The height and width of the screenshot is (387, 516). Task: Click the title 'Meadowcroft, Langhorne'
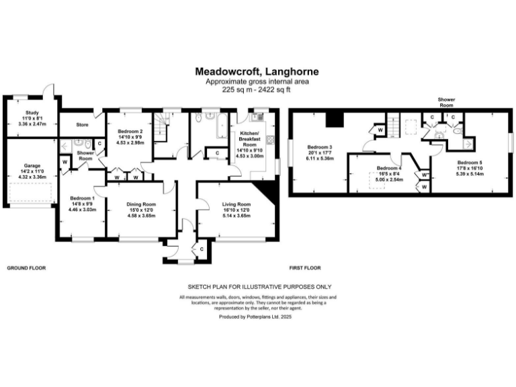click(x=257, y=71)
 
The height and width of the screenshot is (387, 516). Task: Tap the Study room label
click(x=32, y=118)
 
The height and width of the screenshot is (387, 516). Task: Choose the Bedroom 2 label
click(x=130, y=136)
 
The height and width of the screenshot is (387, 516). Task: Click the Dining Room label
click(x=142, y=208)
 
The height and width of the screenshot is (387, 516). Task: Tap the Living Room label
click(x=236, y=208)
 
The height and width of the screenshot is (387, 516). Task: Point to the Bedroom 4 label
click(x=389, y=173)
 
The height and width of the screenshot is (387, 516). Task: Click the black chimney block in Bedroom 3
click(x=334, y=119)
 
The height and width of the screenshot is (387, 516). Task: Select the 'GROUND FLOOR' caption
click(x=26, y=267)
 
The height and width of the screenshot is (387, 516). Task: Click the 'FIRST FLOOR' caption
click(x=305, y=267)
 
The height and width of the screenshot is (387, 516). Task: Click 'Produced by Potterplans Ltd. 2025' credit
click(x=257, y=315)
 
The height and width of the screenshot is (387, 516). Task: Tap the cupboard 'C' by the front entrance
click(x=202, y=250)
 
